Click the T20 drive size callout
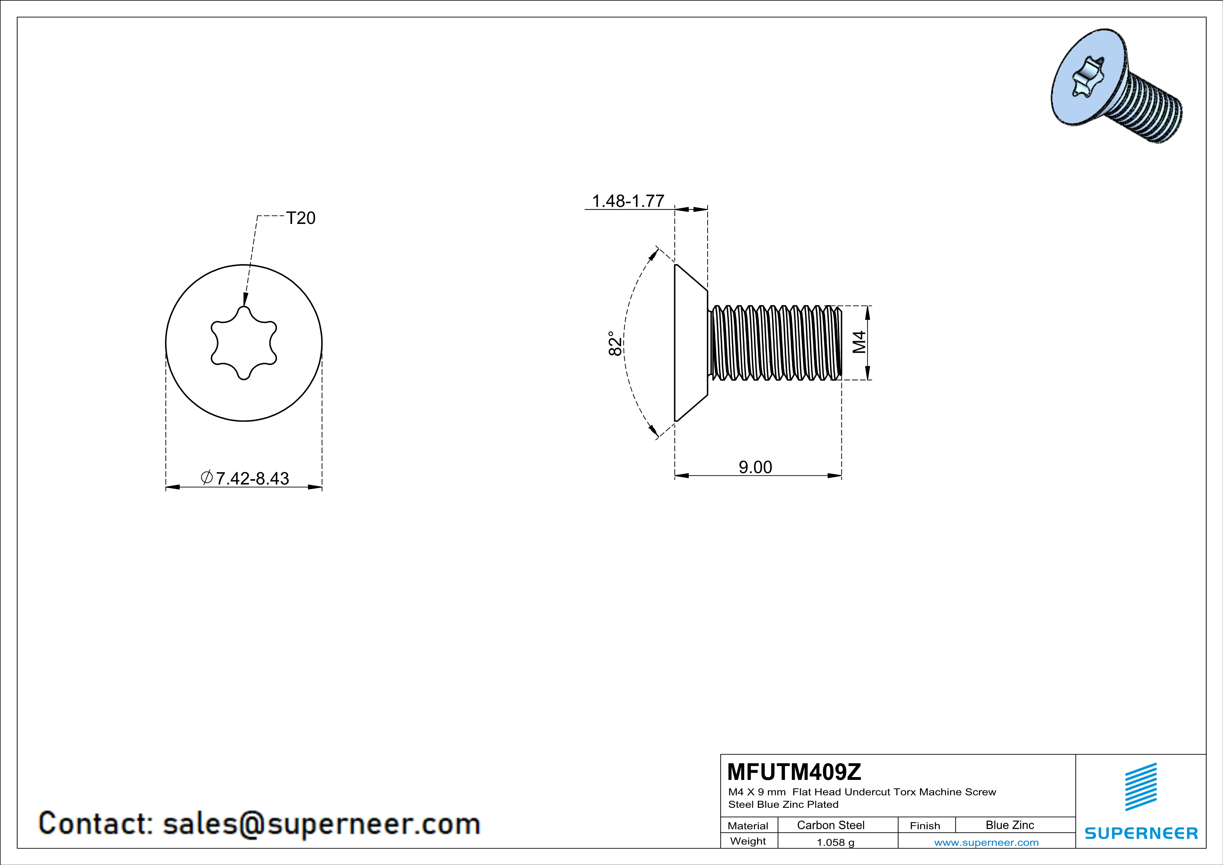pos(300,218)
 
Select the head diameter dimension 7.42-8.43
pos(251,478)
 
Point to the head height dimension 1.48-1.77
pos(628,201)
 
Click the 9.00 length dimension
pos(755,467)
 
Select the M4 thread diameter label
pos(859,343)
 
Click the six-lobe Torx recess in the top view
pos(244,343)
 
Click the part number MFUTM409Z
pos(794,771)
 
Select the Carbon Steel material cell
pos(830,825)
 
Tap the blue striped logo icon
pos(1140,786)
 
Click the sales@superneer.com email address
pos(321,823)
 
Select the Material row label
pos(748,826)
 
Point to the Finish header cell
pos(925,826)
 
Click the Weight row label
pos(748,841)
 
